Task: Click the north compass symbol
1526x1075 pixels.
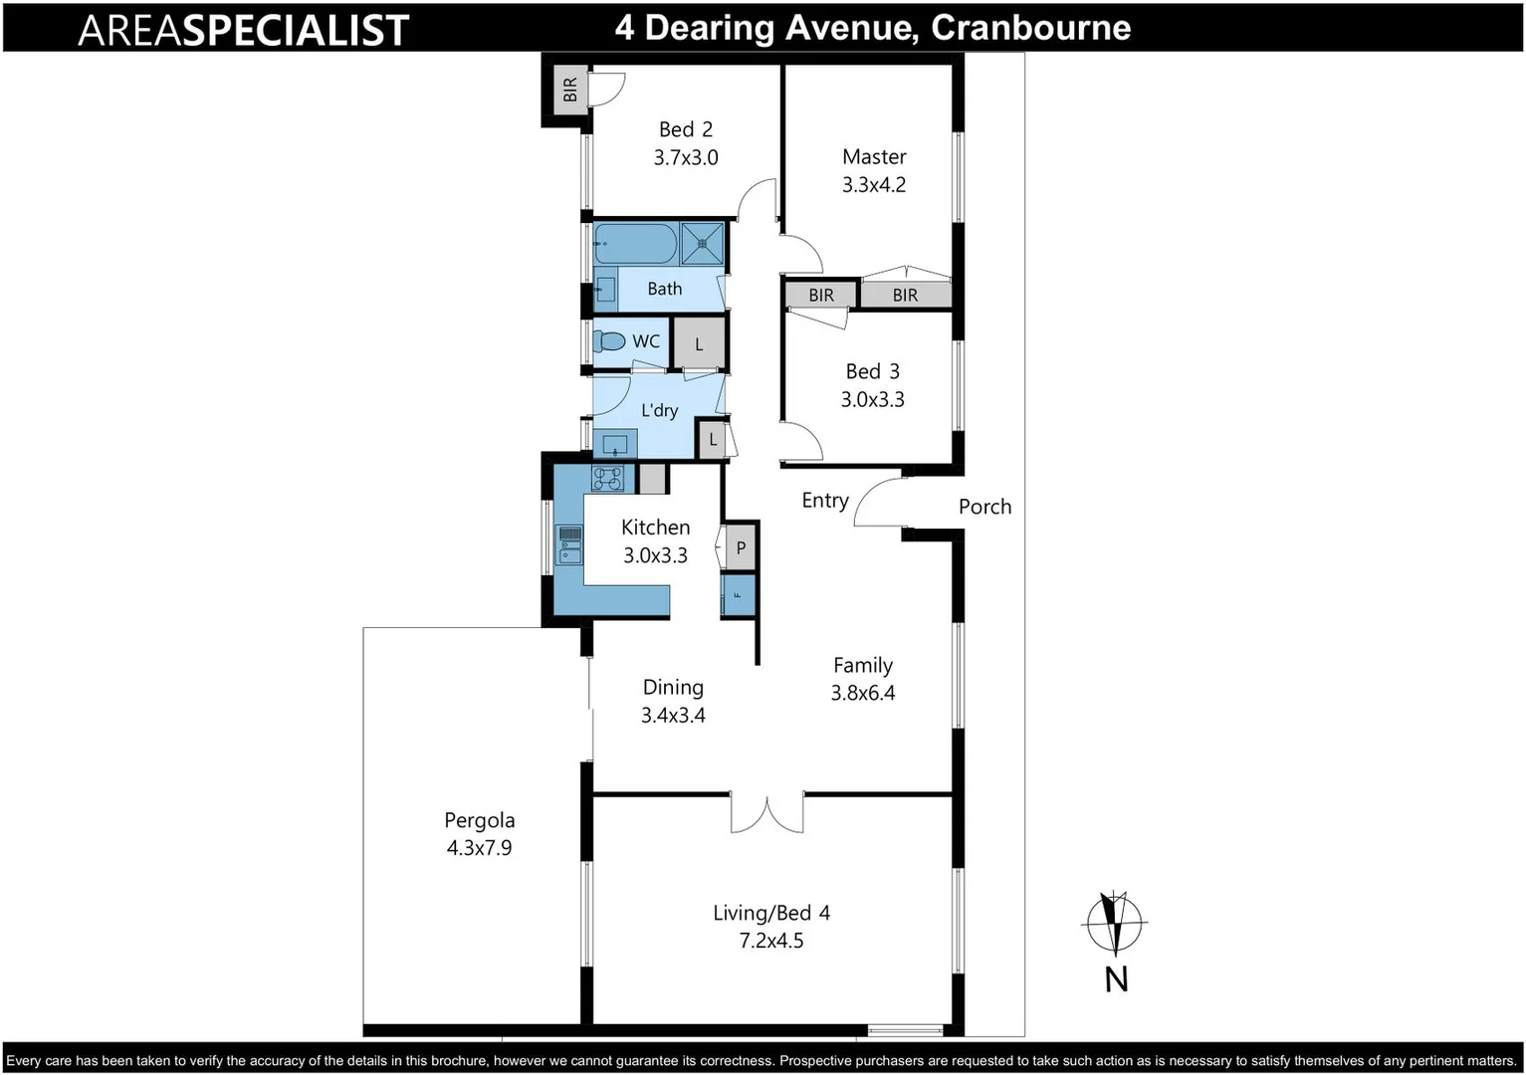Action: click(x=1115, y=924)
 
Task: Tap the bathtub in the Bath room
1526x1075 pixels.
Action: click(x=635, y=243)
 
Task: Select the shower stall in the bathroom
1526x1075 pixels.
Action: click(x=703, y=243)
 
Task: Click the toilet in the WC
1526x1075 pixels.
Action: click(x=608, y=341)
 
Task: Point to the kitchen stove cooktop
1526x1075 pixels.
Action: click(x=607, y=479)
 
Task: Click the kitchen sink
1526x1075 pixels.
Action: click(x=569, y=545)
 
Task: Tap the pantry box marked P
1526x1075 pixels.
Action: click(x=740, y=547)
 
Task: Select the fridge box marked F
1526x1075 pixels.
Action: click(x=738, y=594)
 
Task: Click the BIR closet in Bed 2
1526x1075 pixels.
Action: click(x=569, y=90)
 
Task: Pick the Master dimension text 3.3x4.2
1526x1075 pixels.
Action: click(x=874, y=185)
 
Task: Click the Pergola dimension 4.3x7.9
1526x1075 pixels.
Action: click(x=479, y=848)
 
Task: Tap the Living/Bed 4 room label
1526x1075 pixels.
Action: click(x=770, y=913)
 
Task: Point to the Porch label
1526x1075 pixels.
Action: click(x=984, y=507)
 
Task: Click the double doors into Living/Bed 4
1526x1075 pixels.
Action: click(x=766, y=811)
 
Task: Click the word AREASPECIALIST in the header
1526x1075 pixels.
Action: click(x=243, y=30)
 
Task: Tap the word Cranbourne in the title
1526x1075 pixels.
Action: click(x=1030, y=28)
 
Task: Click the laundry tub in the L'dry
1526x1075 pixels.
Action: click(x=615, y=443)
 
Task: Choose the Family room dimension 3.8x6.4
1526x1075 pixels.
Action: click(x=863, y=694)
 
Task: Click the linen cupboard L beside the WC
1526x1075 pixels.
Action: click(x=699, y=344)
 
